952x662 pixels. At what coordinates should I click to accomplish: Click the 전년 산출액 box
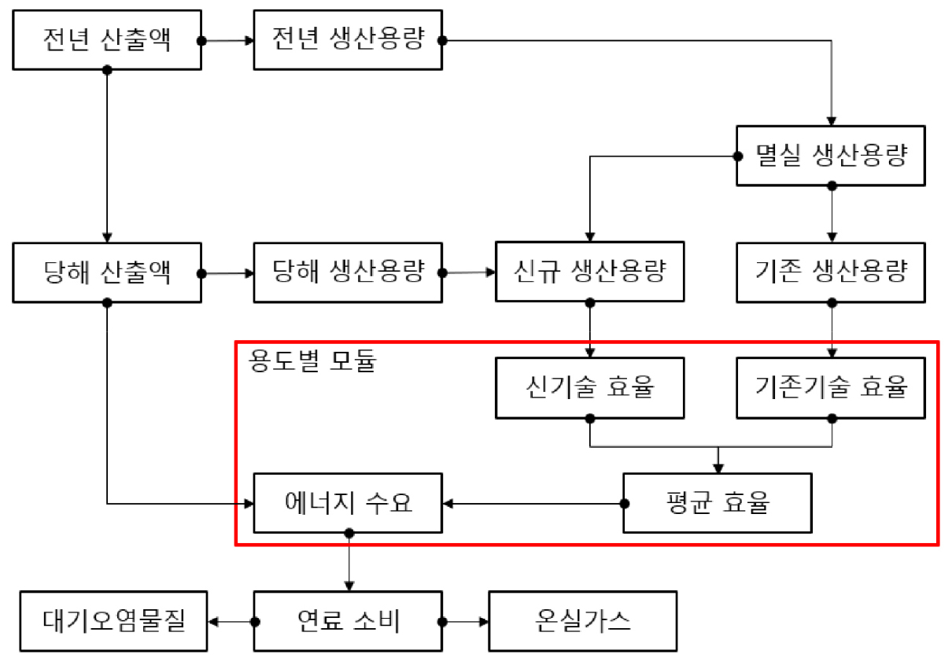pos(107,40)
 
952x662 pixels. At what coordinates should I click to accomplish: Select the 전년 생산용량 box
pos(347,40)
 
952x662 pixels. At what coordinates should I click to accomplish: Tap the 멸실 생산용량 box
pos(831,156)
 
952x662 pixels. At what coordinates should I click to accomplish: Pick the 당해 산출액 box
pos(107,273)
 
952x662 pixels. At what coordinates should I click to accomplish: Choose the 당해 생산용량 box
pos(347,273)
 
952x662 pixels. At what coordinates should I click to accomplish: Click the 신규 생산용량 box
pos(589,273)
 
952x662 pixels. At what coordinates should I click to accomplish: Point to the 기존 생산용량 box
pos(831,273)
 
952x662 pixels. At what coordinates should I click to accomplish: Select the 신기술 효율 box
pos(589,388)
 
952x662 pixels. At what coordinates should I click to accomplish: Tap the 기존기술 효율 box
pos(831,388)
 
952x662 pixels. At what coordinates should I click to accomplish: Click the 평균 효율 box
pos(717,503)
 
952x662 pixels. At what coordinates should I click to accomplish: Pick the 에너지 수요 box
pos(347,503)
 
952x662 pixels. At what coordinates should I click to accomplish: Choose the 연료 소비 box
pos(347,622)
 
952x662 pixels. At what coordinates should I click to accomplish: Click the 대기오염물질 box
pos(114,622)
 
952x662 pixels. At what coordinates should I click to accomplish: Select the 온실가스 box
pos(582,622)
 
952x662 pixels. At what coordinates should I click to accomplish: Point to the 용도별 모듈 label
pos(313,362)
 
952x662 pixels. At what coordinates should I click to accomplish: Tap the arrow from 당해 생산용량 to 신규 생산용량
pos(469,273)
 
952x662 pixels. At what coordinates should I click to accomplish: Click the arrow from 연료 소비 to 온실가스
pos(465,622)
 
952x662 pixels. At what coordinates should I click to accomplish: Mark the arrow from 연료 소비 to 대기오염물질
pos(231,622)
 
